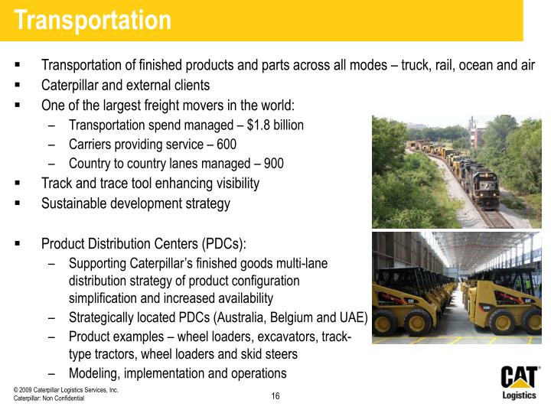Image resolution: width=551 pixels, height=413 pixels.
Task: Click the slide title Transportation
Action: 93,21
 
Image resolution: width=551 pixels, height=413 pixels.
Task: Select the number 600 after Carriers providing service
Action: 227,144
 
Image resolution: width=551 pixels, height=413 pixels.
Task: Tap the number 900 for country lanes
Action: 273,163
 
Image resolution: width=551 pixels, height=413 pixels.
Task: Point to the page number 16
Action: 275,396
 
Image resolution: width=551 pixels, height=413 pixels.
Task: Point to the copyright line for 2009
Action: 66,390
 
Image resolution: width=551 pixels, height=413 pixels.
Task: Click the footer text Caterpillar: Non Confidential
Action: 49,399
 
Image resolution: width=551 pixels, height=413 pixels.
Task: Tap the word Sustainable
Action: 76,203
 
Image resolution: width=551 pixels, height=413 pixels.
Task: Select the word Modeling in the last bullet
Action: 93,373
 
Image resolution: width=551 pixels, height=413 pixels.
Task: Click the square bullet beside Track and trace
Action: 17,184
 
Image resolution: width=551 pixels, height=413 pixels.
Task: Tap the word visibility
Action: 231,184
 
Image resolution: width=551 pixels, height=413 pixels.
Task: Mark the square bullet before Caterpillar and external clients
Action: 17,85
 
